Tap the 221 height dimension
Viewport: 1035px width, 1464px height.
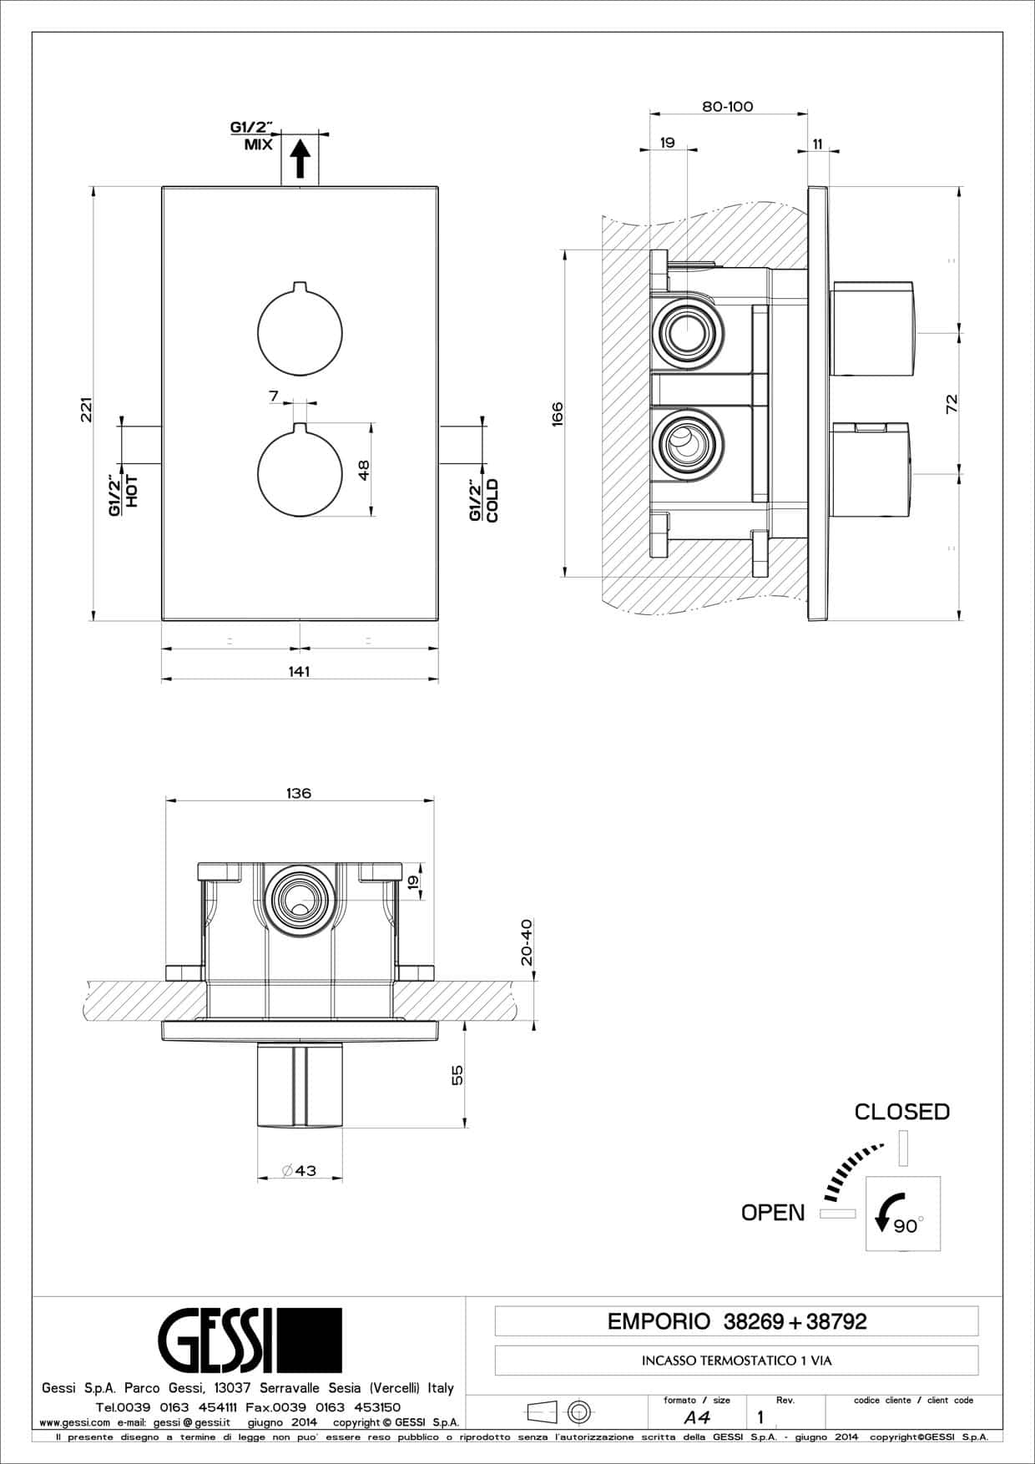86,411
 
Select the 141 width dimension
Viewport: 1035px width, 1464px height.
299,671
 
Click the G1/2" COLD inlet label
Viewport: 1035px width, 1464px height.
483,501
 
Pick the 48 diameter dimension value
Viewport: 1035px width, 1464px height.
363,471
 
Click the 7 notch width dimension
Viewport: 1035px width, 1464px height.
274,396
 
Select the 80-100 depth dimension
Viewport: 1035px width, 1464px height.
727,106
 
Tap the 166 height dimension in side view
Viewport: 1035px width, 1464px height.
558,414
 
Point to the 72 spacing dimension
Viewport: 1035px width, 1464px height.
952,403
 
